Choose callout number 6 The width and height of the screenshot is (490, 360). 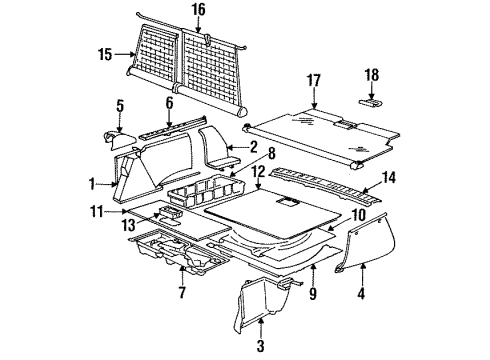[x=169, y=102]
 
